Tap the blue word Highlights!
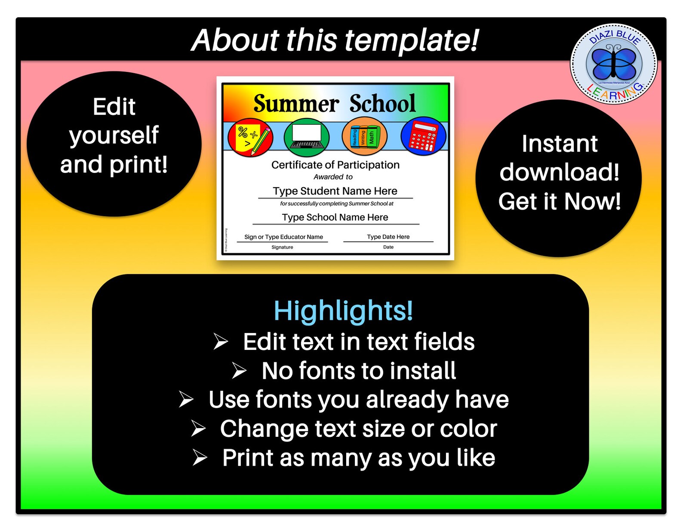tap(343, 311)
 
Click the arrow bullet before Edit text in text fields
tap(221, 342)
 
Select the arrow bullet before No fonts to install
tap(239, 371)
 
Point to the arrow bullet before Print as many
tap(200, 457)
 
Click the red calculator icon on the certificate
tap(423, 136)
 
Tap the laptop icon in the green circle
tap(307, 137)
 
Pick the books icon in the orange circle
tap(364, 137)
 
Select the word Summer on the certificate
tap(296, 104)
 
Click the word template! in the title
tap(412, 40)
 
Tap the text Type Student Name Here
tap(335, 191)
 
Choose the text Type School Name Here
tap(335, 217)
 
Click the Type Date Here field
tap(388, 237)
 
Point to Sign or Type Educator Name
tap(283, 237)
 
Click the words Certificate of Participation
tap(335, 165)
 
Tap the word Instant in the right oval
tap(559, 144)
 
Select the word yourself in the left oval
tap(114, 136)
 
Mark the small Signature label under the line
tap(282, 247)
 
